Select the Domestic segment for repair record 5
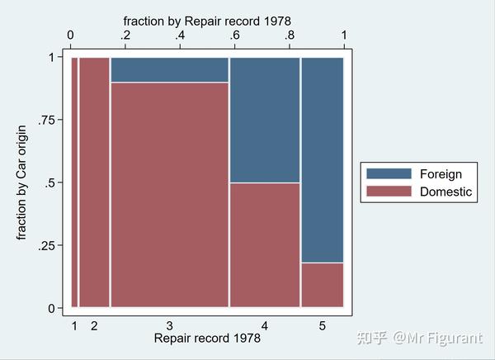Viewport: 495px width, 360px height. point(322,285)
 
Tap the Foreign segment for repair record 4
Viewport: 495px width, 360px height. point(264,120)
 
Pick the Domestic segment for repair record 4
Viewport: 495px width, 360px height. point(264,244)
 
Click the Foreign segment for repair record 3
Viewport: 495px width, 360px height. point(169,69)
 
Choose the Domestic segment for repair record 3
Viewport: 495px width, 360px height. point(169,194)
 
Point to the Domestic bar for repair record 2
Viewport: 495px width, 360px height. point(94,182)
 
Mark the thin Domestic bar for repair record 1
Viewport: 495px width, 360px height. point(74,182)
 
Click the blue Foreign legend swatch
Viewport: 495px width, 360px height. point(388,174)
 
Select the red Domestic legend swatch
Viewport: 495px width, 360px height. point(388,192)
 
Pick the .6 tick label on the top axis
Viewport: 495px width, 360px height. point(235,35)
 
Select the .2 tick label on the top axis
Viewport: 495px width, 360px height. point(125,35)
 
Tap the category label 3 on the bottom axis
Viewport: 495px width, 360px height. point(169,326)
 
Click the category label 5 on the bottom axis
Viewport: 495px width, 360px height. point(322,326)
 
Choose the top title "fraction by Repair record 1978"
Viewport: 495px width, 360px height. point(207,19)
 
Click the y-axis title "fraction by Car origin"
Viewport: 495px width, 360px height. point(22,182)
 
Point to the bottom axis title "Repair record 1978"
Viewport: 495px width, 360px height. point(207,339)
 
